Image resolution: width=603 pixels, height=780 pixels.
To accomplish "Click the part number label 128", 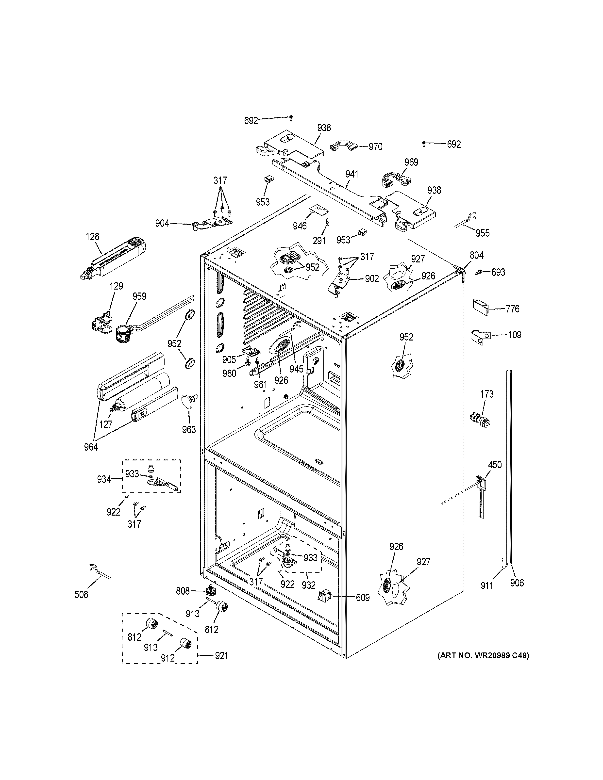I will (93, 236).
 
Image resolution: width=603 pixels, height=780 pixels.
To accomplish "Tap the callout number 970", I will (375, 147).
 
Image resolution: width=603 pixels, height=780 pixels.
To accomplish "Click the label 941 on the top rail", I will (352, 174).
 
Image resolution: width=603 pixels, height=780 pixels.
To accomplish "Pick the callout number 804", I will (477, 255).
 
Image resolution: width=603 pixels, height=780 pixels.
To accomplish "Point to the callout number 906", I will (517, 583).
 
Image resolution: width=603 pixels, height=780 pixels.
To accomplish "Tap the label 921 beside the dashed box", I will (221, 655).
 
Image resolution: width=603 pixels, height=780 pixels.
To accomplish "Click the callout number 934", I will (104, 479).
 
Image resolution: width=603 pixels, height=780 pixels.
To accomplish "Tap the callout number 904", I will (162, 224).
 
